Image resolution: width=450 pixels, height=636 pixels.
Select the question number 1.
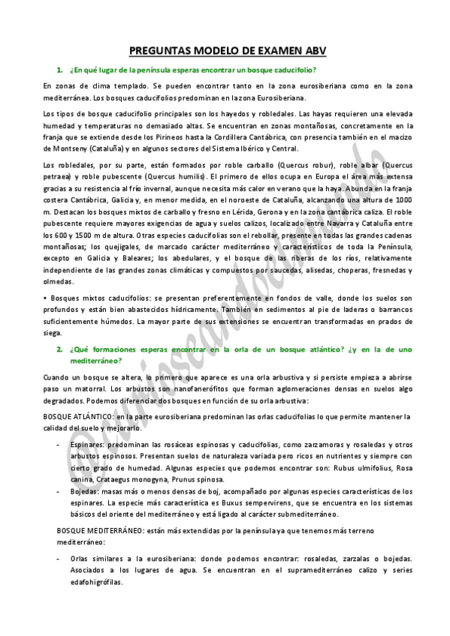tap(59, 70)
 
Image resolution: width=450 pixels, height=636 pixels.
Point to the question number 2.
tap(59, 349)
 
